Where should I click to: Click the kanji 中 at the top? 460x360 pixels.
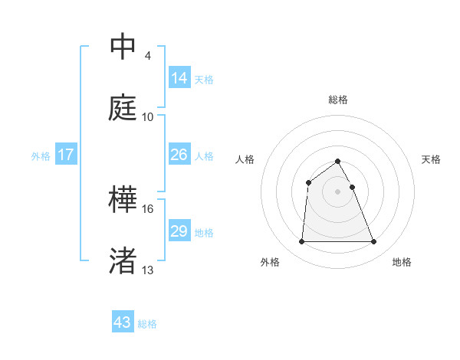(x=123, y=47)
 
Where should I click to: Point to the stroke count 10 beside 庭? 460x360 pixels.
(x=148, y=116)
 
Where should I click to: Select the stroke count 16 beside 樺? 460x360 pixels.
(x=148, y=208)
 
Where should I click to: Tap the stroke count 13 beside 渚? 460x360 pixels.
(x=148, y=270)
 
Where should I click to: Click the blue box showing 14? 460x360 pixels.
(x=179, y=77)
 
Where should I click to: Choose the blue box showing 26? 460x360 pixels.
(x=179, y=155)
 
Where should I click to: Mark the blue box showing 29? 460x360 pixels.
(x=179, y=231)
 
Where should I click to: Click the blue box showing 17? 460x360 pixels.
(x=66, y=155)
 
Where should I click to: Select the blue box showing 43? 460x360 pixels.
(x=123, y=322)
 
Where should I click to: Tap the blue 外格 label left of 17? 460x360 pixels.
(x=41, y=156)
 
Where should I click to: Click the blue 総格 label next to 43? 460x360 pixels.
(x=147, y=324)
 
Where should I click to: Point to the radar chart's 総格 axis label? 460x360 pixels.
(x=338, y=100)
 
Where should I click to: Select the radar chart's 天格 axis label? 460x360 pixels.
(x=432, y=159)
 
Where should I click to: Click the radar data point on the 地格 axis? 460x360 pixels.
(x=374, y=242)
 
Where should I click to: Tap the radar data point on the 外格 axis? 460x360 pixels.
(x=301, y=242)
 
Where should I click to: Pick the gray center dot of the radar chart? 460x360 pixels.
(x=338, y=191)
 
